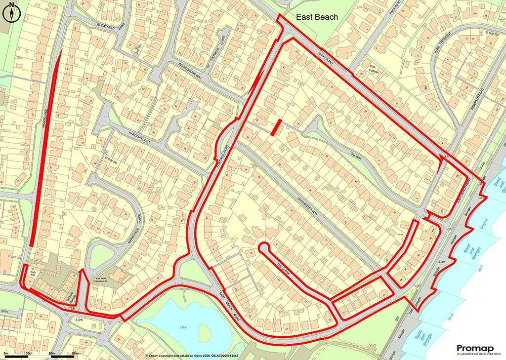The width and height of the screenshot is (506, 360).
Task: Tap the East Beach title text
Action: coord(317,17)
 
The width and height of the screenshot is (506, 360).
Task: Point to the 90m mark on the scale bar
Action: coord(75,354)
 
